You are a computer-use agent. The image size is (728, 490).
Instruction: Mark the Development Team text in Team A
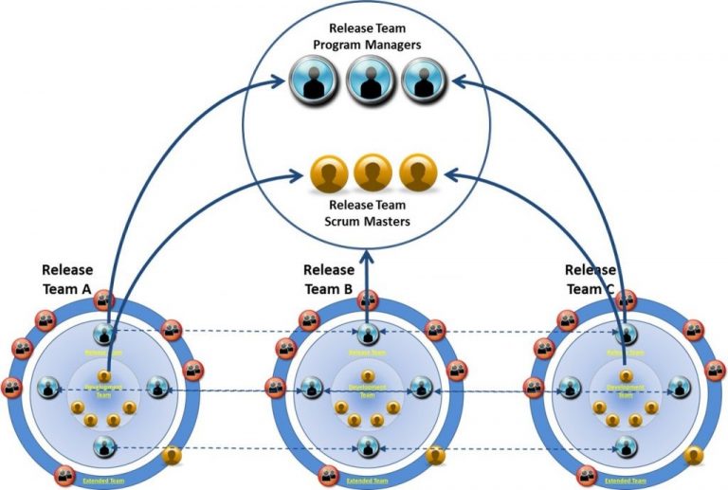click(x=104, y=390)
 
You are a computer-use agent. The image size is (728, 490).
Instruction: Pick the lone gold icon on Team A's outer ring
click(x=172, y=456)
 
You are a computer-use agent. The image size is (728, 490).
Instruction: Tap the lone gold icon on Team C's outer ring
click(x=695, y=456)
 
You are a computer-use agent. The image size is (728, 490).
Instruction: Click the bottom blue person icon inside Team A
click(x=104, y=445)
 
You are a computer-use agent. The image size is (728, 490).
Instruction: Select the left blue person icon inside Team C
click(x=570, y=388)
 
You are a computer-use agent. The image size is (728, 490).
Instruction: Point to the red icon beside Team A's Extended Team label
click(x=65, y=474)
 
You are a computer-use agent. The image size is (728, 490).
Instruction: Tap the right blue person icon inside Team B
click(x=420, y=388)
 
